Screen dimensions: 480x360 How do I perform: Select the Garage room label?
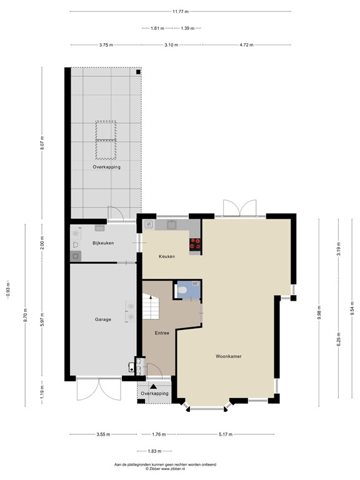click(103, 319)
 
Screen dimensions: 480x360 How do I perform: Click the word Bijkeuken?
click(103, 242)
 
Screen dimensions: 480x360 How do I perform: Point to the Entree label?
click(162, 332)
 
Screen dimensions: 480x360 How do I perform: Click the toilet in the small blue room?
click(181, 290)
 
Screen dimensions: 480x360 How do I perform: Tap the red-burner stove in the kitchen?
click(194, 244)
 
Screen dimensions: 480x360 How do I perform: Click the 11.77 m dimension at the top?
click(180, 11)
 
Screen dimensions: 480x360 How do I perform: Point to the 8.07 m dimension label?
click(42, 143)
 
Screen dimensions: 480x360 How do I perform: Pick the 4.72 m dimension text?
click(246, 45)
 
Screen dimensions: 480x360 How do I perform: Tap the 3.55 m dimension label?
click(103, 435)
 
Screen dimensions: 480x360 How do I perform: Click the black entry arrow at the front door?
click(153, 387)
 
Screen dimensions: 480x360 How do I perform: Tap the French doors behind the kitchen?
click(240, 207)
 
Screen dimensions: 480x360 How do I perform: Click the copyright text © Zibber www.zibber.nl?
click(173, 469)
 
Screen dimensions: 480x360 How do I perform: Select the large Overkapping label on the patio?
click(106, 167)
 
